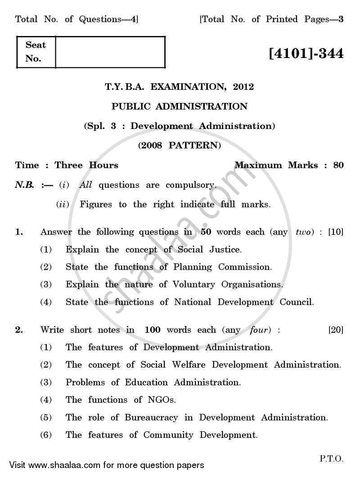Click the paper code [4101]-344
tap(306, 54)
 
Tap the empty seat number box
tap(110, 52)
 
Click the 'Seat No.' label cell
tap(36, 52)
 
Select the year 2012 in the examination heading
tap(243, 87)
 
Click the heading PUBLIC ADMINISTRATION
tap(179, 107)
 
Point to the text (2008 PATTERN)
tap(179, 145)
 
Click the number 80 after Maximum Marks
tap(338, 165)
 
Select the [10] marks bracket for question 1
tap(336, 232)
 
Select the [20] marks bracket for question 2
tap(336, 330)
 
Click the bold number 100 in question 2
tap(153, 330)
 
